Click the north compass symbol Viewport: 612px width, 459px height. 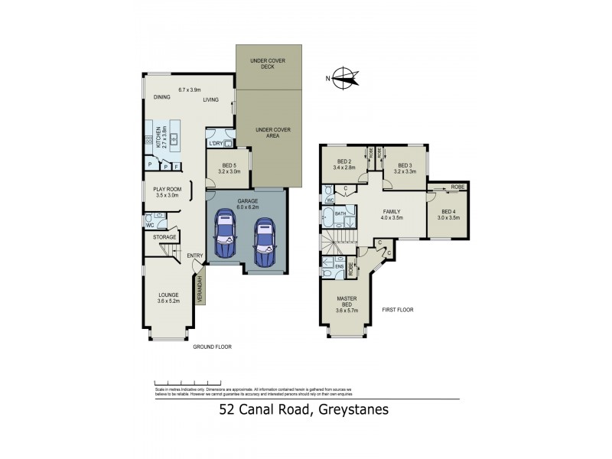pos(346,77)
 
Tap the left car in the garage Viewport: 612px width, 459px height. pos(225,236)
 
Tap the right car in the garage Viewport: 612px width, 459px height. pos(264,238)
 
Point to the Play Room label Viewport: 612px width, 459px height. pos(168,189)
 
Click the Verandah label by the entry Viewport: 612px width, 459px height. pos(200,288)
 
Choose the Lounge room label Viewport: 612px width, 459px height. pos(168,295)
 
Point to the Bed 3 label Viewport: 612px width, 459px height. pos(404,165)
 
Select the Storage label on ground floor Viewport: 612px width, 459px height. pos(164,237)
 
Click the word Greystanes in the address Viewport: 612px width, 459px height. pos(350,409)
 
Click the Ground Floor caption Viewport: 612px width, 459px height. pos(212,347)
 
